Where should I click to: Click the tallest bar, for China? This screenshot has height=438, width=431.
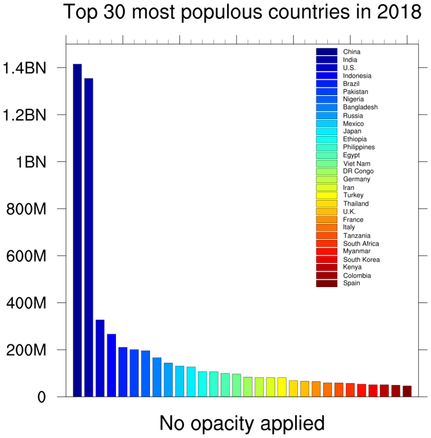[x=77, y=230]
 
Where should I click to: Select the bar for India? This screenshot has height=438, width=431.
[x=89, y=237]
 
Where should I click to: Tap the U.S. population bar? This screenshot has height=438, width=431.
[x=100, y=358]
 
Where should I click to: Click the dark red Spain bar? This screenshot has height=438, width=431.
[x=407, y=391]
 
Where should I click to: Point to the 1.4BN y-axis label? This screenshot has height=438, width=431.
[x=24, y=68]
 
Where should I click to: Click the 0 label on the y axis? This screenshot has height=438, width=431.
[x=41, y=397]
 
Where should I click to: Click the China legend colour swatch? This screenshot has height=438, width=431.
[x=326, y=52]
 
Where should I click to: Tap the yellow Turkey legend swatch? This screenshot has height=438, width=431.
[x=326, y=195]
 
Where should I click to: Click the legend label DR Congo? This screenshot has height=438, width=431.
[x=358, y=171]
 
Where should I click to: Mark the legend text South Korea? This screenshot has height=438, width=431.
[x=361, y=260]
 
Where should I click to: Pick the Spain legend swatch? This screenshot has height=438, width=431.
[x=326, y=283]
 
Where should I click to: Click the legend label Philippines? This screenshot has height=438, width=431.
[x=359, y=147]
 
